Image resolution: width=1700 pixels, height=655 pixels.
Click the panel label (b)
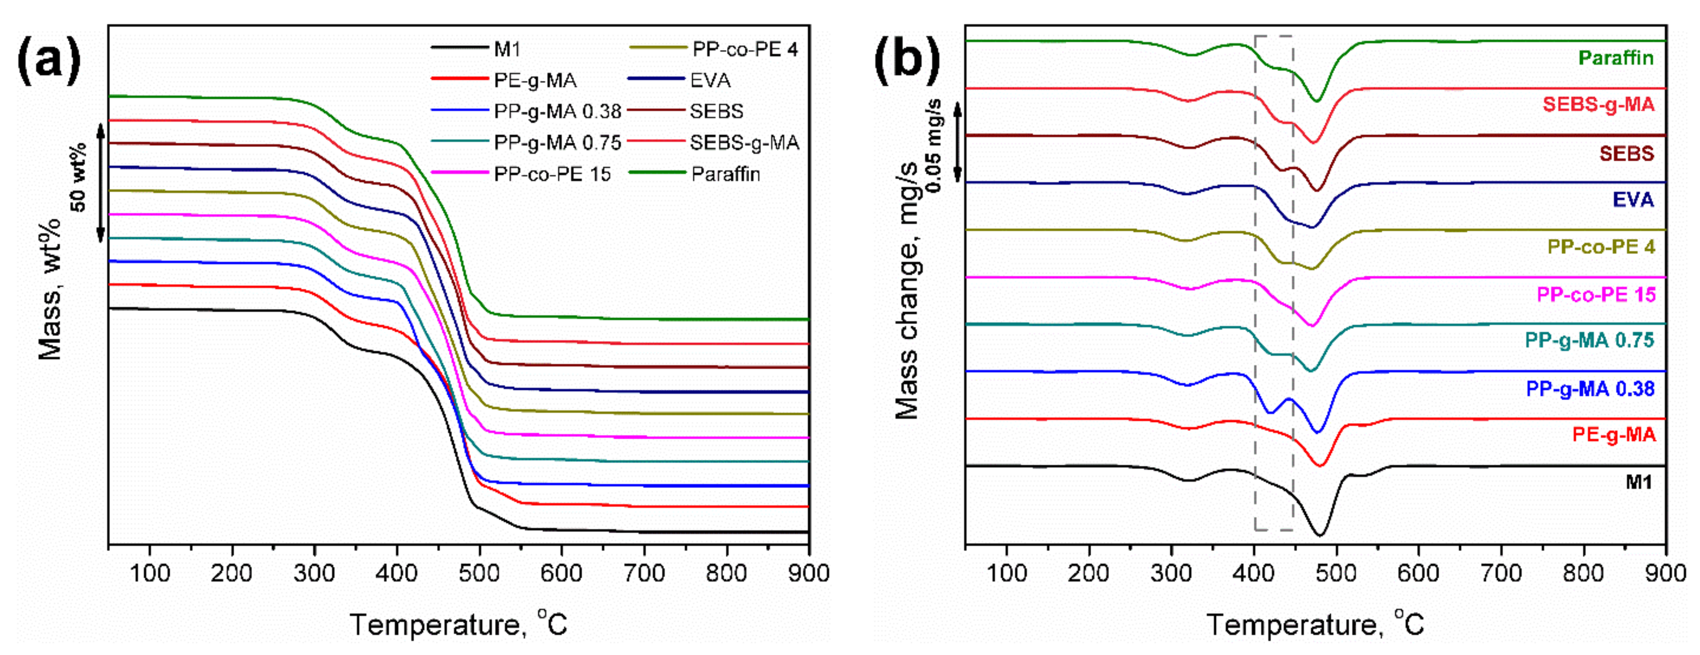[x=907, y=61]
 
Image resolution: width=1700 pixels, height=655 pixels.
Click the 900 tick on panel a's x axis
[x=808, y=573]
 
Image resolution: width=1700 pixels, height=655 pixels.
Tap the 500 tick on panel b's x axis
[x=1336, y=573]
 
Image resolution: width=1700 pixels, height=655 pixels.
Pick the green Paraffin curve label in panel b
[x=1616, y=58]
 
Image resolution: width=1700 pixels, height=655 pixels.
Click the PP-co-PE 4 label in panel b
[x=1601, y=247]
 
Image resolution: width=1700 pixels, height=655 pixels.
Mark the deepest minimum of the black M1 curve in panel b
[x=1320, y=535]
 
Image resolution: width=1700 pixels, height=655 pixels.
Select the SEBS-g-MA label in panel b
[x=1598, y=104]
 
